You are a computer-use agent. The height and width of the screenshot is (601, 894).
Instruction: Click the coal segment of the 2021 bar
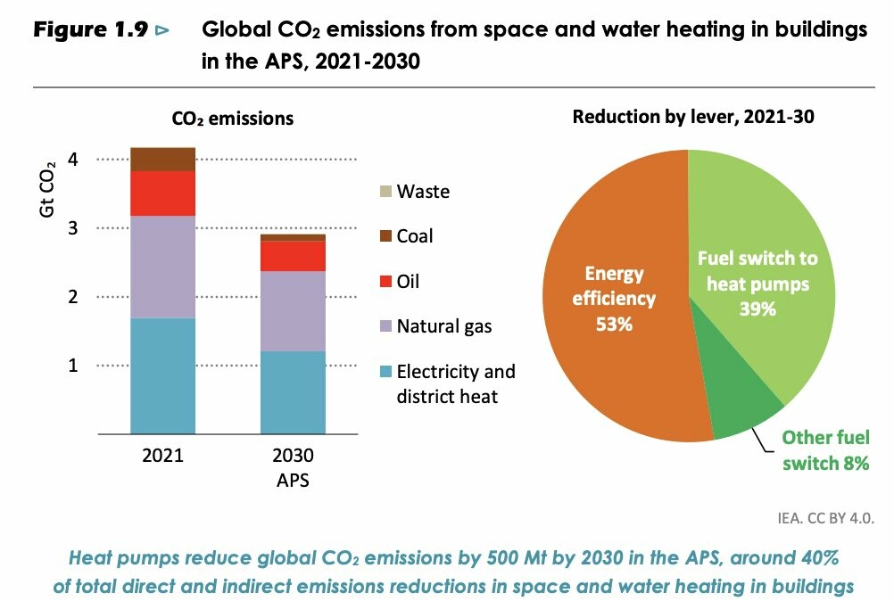(x=162, y=159)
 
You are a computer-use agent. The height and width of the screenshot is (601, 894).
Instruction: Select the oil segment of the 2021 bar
(x=162, y=193)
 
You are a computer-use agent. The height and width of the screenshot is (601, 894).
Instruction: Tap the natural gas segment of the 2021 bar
(x=162, y=267)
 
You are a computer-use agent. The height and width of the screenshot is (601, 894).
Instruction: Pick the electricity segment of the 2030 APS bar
(x=292, y=392)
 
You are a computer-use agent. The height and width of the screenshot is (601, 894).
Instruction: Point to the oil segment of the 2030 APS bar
(x=292, y=256)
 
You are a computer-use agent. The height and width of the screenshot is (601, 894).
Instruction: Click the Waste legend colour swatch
(x=385, y=192)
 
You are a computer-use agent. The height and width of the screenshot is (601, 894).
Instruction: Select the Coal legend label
(x=415, y=236)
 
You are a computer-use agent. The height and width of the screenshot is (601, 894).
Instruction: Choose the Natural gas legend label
(x=444, y=326)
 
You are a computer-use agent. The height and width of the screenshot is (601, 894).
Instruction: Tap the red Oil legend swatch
(x=385, y=282)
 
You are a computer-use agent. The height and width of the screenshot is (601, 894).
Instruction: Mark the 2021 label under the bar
(x=162, y=456)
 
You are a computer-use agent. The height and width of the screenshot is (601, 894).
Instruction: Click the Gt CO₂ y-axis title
(x=50, y=187)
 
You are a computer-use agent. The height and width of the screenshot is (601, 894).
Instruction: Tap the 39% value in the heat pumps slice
(x=757, y=309)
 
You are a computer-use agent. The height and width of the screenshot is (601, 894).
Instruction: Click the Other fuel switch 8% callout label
(x=825, y=450)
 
